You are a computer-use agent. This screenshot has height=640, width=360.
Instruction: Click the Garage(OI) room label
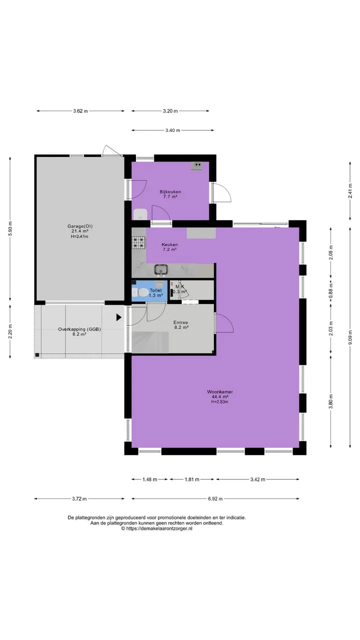tap(79, 226)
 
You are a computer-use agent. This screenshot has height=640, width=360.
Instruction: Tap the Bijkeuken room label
tap(170, 191)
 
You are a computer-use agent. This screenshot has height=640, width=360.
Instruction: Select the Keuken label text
tap(169, 244)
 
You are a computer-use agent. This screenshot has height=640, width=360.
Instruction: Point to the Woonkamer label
tap(219, 391)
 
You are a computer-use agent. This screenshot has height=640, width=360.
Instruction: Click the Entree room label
tap(180, 322)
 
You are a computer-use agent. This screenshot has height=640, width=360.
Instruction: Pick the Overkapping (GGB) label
tap(79, 329)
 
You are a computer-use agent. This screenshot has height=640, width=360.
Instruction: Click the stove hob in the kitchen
tap(139, 243)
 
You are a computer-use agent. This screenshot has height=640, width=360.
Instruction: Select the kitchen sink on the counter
tap(161, 270)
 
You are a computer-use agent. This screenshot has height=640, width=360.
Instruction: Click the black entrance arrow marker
tap(119, 317)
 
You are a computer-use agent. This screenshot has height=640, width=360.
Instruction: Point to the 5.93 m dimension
tap(10, 228)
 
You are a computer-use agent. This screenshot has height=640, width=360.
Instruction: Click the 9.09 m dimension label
tap(350, 337)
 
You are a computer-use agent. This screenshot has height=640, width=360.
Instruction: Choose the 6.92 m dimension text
tap(215, 499)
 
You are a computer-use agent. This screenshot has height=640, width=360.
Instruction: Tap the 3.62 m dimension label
tap(80, 111)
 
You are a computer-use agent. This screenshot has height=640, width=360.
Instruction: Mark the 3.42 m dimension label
tap(257, 479)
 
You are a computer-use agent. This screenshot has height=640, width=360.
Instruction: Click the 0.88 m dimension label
tap(331, 290)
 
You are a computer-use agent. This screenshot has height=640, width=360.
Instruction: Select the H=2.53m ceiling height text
tap(219, 401)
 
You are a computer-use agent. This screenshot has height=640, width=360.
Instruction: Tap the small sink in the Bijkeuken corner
tap(197, 165)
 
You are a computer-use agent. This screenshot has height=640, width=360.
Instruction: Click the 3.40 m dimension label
tap(172, 130)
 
